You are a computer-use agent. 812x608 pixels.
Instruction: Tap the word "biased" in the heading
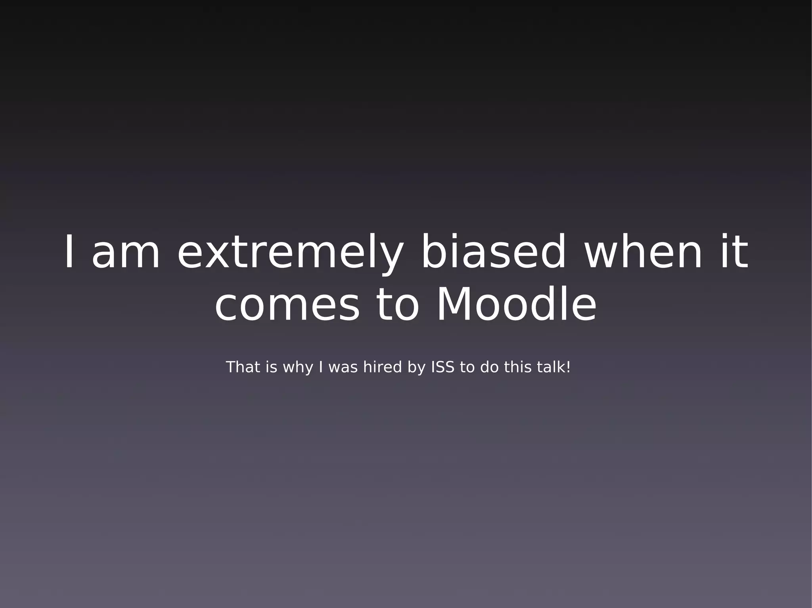coord(493,252)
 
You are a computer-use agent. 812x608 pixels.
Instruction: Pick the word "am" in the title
coord(126,252)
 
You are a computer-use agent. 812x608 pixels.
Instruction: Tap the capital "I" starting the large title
coord(69,252)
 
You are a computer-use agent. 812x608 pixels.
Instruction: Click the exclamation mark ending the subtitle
coord(568,367)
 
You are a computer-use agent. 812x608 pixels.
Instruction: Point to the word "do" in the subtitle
coord(489,367)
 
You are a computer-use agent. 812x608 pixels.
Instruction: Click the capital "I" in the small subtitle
coord(321,367)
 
